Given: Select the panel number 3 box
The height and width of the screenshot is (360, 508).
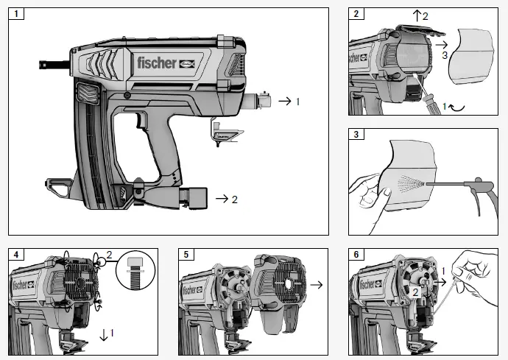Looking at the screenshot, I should coord(356,135).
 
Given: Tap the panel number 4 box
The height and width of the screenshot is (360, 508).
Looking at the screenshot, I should coord(15,255).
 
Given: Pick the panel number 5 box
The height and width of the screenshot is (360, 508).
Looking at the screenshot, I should coord(186,255).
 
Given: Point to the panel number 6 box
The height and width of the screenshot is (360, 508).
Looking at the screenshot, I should coord(356,255).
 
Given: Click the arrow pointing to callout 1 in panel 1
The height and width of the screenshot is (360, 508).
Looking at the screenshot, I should coord(283,101).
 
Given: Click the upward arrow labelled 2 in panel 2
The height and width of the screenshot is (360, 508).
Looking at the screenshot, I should coord(416,15).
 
